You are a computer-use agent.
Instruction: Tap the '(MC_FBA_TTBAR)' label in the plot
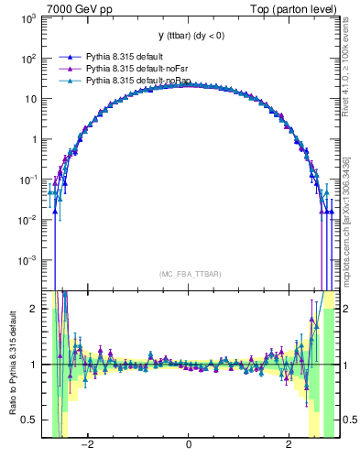tap(188, 274)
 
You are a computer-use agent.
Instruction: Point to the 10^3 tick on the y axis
tap(27, 18)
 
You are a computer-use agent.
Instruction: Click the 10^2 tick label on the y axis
tap(27, 59)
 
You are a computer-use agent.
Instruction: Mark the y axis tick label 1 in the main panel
tap(33, 140)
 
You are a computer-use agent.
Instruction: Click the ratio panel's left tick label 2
tap(34, 309)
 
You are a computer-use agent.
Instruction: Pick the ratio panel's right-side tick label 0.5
tap(347, 420)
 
